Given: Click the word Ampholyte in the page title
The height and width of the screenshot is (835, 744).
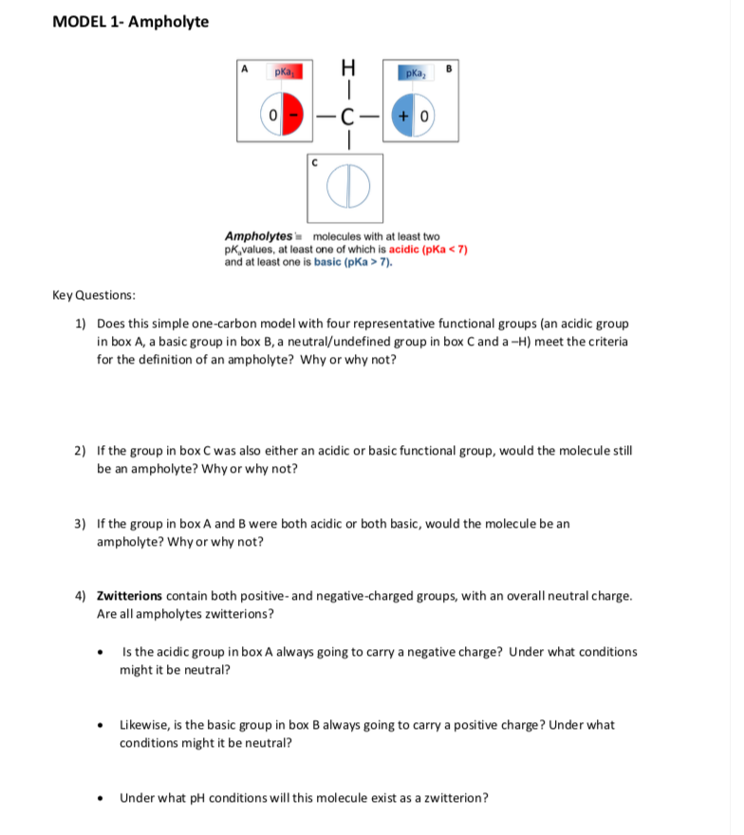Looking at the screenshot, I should click(169, 21).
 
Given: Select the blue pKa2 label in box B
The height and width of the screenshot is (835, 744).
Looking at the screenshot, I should click(414, 72).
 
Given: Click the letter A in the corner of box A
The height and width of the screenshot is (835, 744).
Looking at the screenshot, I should click(245, 67).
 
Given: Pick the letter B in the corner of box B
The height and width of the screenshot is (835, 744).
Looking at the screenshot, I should click(451, 67).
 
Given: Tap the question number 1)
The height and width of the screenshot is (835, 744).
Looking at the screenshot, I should click(81, 324).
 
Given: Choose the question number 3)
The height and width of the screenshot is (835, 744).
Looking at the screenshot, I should click(81, 523).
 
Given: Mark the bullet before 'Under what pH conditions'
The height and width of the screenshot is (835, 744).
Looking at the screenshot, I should click(102, 797).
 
